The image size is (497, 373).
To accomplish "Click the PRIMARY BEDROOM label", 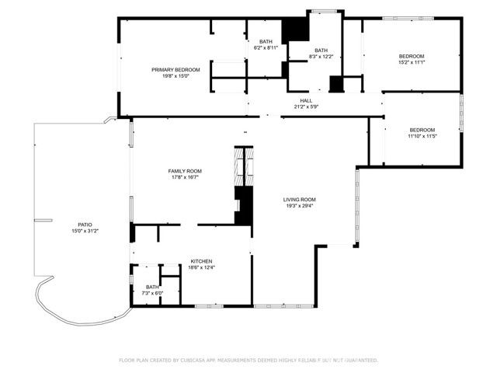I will (176, 70).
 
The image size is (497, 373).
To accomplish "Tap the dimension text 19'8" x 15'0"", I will (176, 76).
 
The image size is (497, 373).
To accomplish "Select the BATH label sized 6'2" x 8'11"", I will (266, 41).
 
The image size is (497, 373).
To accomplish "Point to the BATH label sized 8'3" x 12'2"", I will (321, 51).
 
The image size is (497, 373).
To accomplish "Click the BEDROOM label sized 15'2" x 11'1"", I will (412, 56).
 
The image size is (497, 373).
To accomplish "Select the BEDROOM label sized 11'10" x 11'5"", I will (422, 130).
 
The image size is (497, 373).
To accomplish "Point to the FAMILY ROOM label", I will (185, 171).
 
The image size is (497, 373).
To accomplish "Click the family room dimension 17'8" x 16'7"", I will (185, 177).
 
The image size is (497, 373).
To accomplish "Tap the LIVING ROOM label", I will (299, 199).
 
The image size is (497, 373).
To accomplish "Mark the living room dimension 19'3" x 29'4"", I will (299, 205).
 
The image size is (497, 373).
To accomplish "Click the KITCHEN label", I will (202, 261).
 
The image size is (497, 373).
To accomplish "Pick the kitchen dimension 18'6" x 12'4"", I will (202, 267).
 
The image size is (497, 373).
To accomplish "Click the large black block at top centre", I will (295, 30).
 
